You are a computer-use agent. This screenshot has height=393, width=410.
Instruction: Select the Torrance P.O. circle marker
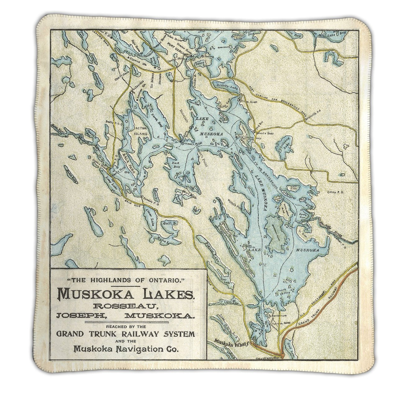click(x=142, y=197)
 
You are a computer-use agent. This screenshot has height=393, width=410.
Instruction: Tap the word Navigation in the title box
click(x=136, y=349)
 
